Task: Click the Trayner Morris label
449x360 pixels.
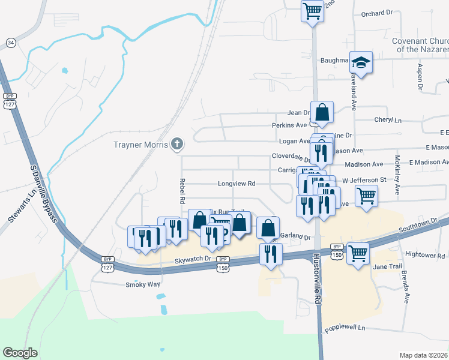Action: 140,145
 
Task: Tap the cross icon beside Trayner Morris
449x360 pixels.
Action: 176,144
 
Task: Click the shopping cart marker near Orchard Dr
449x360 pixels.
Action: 312,11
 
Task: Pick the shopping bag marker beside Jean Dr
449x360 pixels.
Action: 322,112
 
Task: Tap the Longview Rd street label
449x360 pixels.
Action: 237,184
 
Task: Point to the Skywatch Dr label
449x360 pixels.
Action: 193,259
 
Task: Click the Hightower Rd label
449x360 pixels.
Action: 424,256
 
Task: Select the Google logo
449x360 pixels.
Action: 20,353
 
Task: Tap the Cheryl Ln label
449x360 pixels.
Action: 388,120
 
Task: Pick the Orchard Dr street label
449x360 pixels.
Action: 376,14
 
